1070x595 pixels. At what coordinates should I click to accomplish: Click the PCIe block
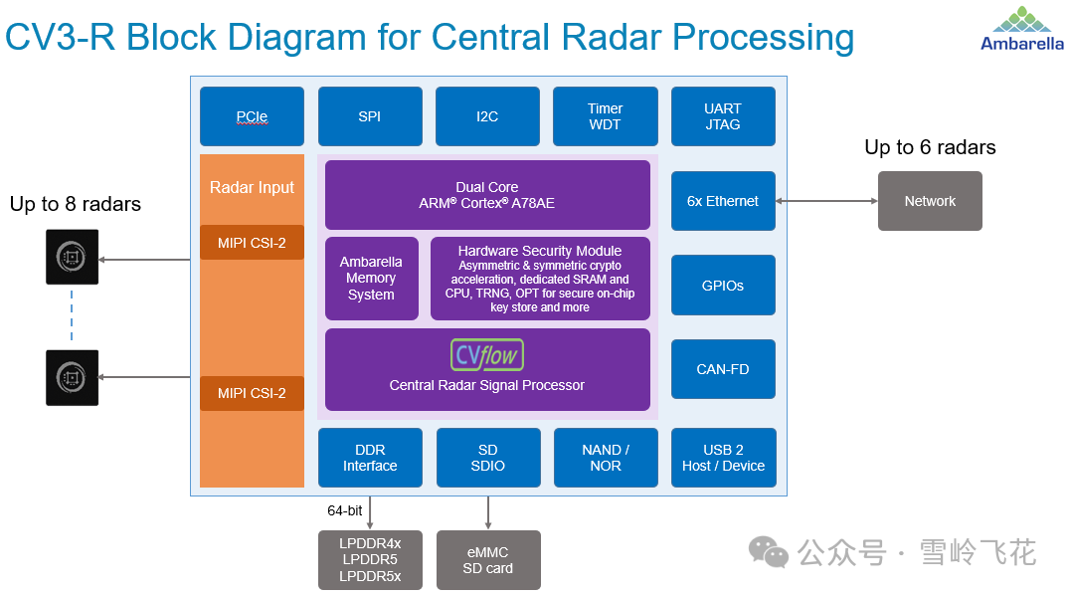click(x=252, y=116)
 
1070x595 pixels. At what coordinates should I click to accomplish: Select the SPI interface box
click(x=369, y=116)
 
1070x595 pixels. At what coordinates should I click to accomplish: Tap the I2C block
click(x=487, y=116)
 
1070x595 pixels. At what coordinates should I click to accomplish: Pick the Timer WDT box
click(x=605, y=116)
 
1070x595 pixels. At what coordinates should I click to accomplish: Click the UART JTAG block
click(x=723, y=116)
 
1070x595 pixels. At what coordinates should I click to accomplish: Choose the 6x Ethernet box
click(x=723, y=201)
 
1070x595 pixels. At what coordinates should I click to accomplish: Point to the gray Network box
click(x=930, y=201)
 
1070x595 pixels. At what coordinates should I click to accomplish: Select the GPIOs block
click(x=723, y=286)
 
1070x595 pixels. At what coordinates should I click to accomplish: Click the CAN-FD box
click(x=723, y=369)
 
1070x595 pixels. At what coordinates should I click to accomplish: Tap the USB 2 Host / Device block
click(x=723, y=458)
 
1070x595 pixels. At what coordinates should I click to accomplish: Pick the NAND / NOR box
click(x=605, y=458)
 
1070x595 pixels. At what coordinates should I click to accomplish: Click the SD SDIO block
click(x=487, y=458)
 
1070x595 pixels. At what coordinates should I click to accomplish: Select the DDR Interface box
click(x=370, y=458)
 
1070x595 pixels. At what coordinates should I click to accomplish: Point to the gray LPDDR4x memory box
click(x=370, y=559)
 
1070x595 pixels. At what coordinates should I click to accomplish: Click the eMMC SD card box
click(x=487, y=559)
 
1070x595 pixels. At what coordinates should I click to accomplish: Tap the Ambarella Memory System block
click(x=371, y=279)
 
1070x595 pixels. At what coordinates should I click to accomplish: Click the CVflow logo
click(x=487, y=355)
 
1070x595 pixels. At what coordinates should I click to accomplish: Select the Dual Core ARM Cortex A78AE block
click(x=487, y=195)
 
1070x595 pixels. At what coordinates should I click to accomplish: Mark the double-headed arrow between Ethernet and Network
click(x=826, y=201)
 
